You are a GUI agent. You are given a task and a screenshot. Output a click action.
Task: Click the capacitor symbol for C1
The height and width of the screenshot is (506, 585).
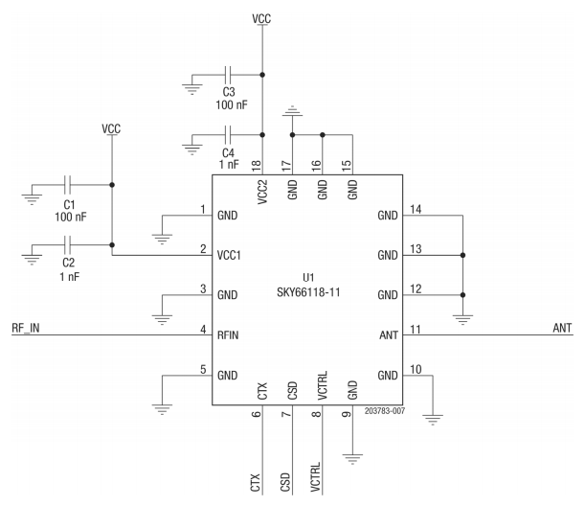coord(69,185)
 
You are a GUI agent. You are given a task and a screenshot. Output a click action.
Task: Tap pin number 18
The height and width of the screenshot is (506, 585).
coord(256,166)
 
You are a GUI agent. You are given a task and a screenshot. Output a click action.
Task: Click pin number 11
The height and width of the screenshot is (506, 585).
coord(415,329)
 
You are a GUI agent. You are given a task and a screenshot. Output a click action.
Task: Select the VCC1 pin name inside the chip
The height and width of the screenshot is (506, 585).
coord(231,255)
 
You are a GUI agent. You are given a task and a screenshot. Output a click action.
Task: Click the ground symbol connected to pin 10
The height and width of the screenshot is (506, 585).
coord(433,417)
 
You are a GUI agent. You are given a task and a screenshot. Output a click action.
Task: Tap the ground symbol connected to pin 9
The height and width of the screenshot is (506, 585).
coord(353,458)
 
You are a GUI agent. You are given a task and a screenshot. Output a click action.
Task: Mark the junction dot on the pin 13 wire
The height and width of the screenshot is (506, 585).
coord(462,255)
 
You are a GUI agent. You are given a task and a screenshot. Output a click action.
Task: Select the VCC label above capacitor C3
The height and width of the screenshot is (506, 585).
coord(261,18)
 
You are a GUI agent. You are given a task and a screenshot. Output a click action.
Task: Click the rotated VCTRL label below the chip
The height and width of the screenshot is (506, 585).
coord(316,476)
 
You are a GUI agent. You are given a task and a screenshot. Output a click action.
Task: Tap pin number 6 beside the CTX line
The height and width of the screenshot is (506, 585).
coord(256,415)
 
